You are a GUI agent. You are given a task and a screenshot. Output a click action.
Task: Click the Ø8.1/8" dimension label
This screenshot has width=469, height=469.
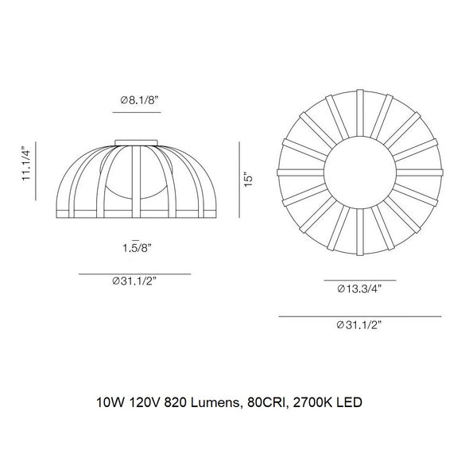(x=139, y=100)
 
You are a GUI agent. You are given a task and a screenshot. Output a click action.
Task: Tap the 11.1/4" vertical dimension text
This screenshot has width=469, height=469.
(x=26, y=163)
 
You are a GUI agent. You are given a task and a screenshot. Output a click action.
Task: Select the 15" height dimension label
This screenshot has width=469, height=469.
(x=248, y=180)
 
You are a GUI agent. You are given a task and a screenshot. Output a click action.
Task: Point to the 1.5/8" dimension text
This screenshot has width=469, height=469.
(x=138, y=247)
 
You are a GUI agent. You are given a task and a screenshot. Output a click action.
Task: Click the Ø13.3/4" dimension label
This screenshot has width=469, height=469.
(x=359, y=289)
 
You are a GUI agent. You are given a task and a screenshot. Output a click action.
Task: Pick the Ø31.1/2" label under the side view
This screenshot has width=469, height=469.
(x=134, y=281)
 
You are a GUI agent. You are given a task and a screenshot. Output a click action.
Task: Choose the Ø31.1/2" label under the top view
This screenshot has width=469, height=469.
(x=359, y=325)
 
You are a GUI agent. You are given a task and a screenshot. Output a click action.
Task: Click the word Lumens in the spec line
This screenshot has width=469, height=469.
(x=215, y=402)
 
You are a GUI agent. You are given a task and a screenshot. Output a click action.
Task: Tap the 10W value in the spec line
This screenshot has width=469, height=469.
(x=110, y=402)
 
